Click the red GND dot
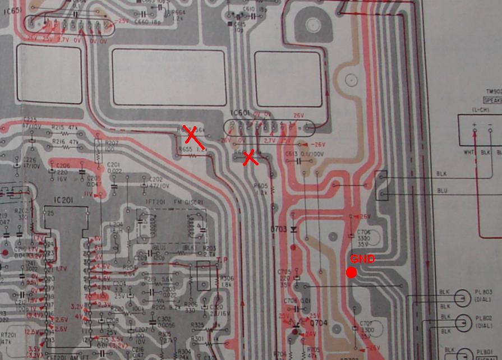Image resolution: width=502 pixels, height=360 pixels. [352, 273]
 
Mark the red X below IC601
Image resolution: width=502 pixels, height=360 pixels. [250, 158]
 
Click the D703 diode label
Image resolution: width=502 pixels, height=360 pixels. [279, 229]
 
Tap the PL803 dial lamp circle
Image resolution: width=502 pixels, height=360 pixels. [463, 298]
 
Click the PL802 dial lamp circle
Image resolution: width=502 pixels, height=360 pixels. [463, 324]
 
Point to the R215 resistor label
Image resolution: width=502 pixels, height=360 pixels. [57, 128]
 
